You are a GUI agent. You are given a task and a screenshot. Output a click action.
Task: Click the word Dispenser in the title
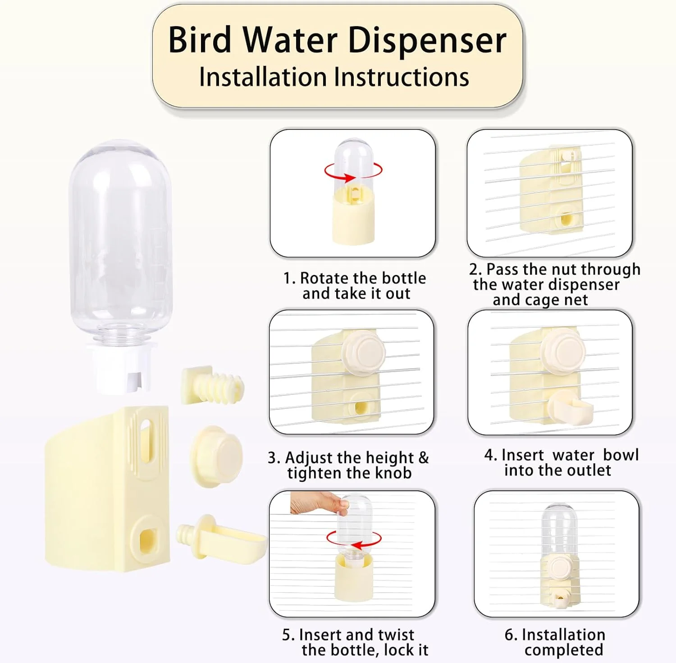(427, 41)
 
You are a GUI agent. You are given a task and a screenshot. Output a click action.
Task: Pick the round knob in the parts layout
(216, 455)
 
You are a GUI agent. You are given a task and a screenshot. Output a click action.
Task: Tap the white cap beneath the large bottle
(121, 367)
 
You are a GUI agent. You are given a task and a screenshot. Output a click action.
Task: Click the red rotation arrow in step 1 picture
(353, 171)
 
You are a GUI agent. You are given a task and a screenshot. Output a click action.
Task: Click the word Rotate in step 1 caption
(324, 278)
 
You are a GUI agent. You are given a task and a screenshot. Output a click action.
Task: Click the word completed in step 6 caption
(564, 650)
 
